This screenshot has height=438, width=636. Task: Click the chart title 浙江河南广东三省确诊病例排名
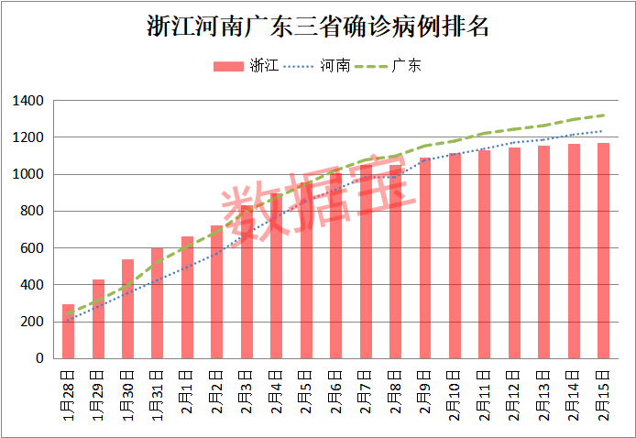pyautogui.click(x=318, y=26)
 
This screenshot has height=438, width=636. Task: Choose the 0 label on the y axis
pyautogui.click(x=39, y=359)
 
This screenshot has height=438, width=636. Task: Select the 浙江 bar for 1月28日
pyautogui.click(x=68, y=332)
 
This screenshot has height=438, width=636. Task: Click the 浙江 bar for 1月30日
pyautogui.click(x=127, y=309)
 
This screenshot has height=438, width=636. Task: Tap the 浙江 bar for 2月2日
pyautogui.click(x=217, y=292)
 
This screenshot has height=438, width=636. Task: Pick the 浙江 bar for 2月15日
pyautogui.click(x=604, y=251)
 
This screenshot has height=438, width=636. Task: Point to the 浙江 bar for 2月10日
pyautogui.click(x=455, y=256)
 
